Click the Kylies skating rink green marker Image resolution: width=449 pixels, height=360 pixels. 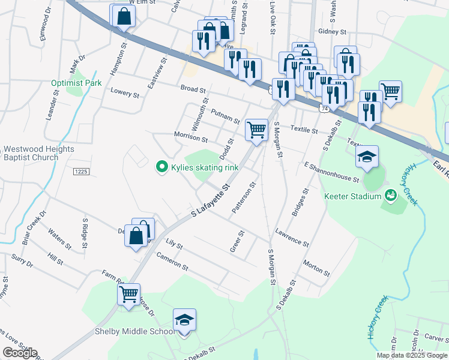point(161,167)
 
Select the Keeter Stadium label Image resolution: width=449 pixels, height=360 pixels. point(352,196)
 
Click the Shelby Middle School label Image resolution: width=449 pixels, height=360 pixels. point(134,331)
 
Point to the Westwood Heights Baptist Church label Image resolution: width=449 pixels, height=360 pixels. point(38,153)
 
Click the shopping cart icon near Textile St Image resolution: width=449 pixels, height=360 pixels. point(256,128)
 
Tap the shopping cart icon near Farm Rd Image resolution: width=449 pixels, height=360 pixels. point(128,294)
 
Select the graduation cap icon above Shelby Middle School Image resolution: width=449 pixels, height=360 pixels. point(185,320)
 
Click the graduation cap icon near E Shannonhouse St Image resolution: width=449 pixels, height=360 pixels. point(367,157)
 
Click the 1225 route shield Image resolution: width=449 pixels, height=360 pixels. point(81,172)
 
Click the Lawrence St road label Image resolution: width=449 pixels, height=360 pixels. point(292,238)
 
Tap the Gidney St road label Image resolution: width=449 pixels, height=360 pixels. point(333,31)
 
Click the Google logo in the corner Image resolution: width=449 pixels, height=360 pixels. point(19,353)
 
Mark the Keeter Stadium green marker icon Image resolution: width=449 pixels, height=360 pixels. point(391,195)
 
